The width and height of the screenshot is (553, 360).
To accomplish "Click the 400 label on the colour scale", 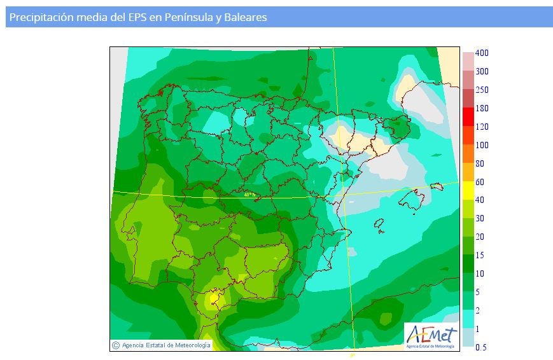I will point(482,53).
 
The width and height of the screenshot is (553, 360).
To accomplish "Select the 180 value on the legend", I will point(482,108).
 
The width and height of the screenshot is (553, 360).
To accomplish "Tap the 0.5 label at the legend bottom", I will point(482,347).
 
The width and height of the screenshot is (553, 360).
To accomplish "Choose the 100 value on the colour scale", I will point(482,145).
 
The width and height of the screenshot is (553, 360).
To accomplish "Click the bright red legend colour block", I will point(468,116).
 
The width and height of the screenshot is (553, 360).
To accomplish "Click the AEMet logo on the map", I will point(431,335).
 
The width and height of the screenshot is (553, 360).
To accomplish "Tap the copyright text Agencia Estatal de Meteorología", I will point(165,345).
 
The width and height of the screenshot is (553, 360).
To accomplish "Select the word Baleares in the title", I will point(245,18).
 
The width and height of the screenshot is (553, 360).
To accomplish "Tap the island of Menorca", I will point(436,186).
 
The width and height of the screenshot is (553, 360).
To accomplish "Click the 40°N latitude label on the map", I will point(249,195).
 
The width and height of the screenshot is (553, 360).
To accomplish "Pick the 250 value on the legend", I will point(482,90).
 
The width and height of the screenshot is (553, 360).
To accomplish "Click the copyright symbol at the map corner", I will point(116,345).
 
